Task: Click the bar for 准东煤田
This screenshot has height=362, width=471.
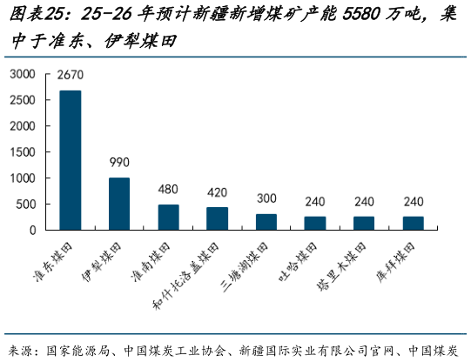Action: tap(71, 160)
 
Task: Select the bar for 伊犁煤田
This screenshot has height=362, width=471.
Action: tap(119, 204)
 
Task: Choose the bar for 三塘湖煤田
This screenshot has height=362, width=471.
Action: tap(266, 222)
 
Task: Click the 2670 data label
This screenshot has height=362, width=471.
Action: tap(71, 76)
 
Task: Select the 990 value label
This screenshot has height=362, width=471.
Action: tap(119, 163)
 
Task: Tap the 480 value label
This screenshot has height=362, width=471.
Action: tap(169, 190)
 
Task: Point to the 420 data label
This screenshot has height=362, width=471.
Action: tap(218, 192)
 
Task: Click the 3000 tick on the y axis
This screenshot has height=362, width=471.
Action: tap(23, 74)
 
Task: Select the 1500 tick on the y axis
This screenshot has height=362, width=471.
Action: tap(23, 152)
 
